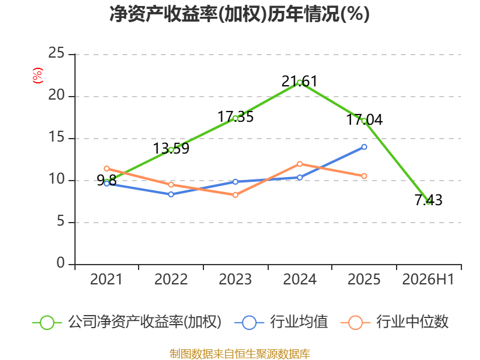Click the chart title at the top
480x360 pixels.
point(239,14)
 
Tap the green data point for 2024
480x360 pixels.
point(299,82)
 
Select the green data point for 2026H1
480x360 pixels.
point(428,202)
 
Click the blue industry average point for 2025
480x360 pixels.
point(364,147)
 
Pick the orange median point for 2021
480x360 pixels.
point(107,169)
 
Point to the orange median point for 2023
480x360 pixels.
point(235,195)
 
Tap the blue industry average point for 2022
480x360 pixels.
point(171,194)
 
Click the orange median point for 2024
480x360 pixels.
point(299,164)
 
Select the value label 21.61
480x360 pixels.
point(299,82)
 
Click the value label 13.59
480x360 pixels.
point(171,148)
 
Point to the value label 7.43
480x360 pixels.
point(428,200)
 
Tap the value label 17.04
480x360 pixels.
point(364,119)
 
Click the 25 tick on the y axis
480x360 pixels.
point(56,53)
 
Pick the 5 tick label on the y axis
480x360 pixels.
point(61,221)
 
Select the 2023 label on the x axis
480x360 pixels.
point(235,280)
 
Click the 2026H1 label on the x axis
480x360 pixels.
point(428,280)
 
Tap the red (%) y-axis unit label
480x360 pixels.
point(38,76)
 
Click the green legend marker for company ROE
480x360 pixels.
point(47,323)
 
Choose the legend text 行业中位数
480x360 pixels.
point(412,322)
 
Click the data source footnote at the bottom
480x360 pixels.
point(240,354)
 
